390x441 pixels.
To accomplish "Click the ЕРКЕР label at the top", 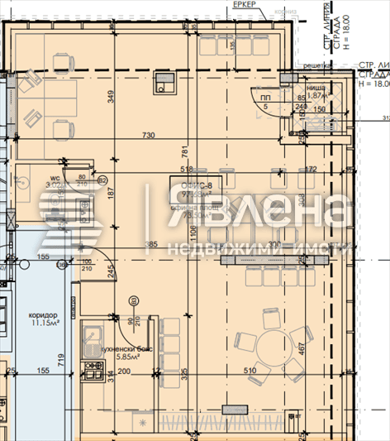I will (245, 6).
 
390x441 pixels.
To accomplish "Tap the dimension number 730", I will (148, 135).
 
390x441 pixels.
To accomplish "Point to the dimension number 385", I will (151, 245).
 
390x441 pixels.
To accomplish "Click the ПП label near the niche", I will (264, 98).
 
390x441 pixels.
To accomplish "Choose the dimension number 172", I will (311, 169).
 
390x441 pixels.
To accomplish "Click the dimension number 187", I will (111, 193).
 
